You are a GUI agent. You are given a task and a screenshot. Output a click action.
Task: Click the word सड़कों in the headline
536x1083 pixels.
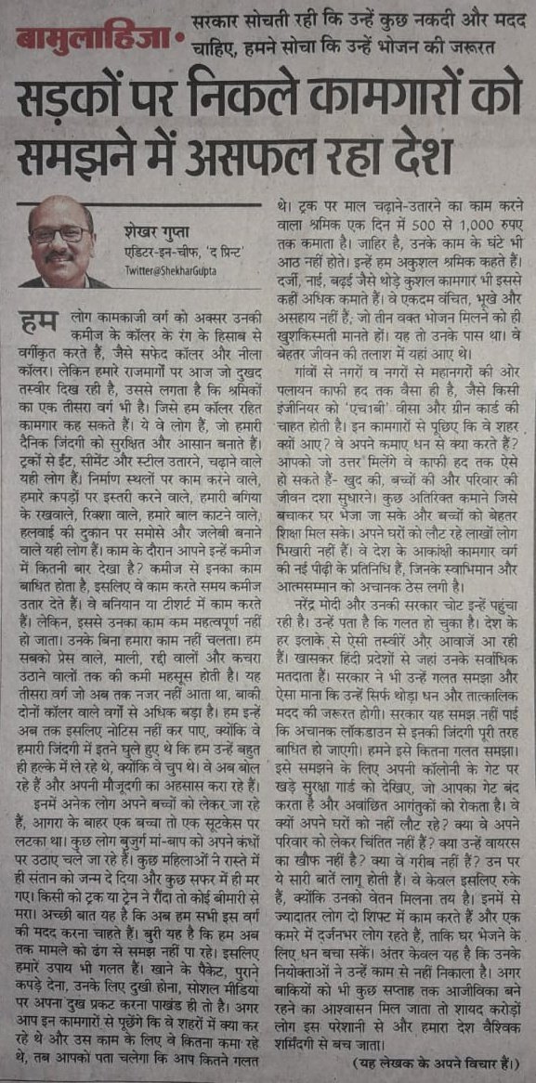click(74, 95)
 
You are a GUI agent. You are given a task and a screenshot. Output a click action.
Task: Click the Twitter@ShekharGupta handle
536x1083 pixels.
click(167, 270)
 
